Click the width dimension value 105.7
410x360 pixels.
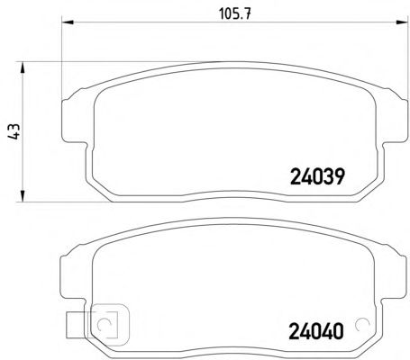(234, 13)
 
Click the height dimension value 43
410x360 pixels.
(14, 131)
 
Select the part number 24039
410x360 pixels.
(317, 176)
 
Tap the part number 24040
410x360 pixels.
(315, 331)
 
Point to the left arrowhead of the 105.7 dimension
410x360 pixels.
(68, 22)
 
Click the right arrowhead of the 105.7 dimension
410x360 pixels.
(403, 22)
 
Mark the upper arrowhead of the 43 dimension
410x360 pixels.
(23, 67)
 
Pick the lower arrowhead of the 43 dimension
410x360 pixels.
(23, 196)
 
